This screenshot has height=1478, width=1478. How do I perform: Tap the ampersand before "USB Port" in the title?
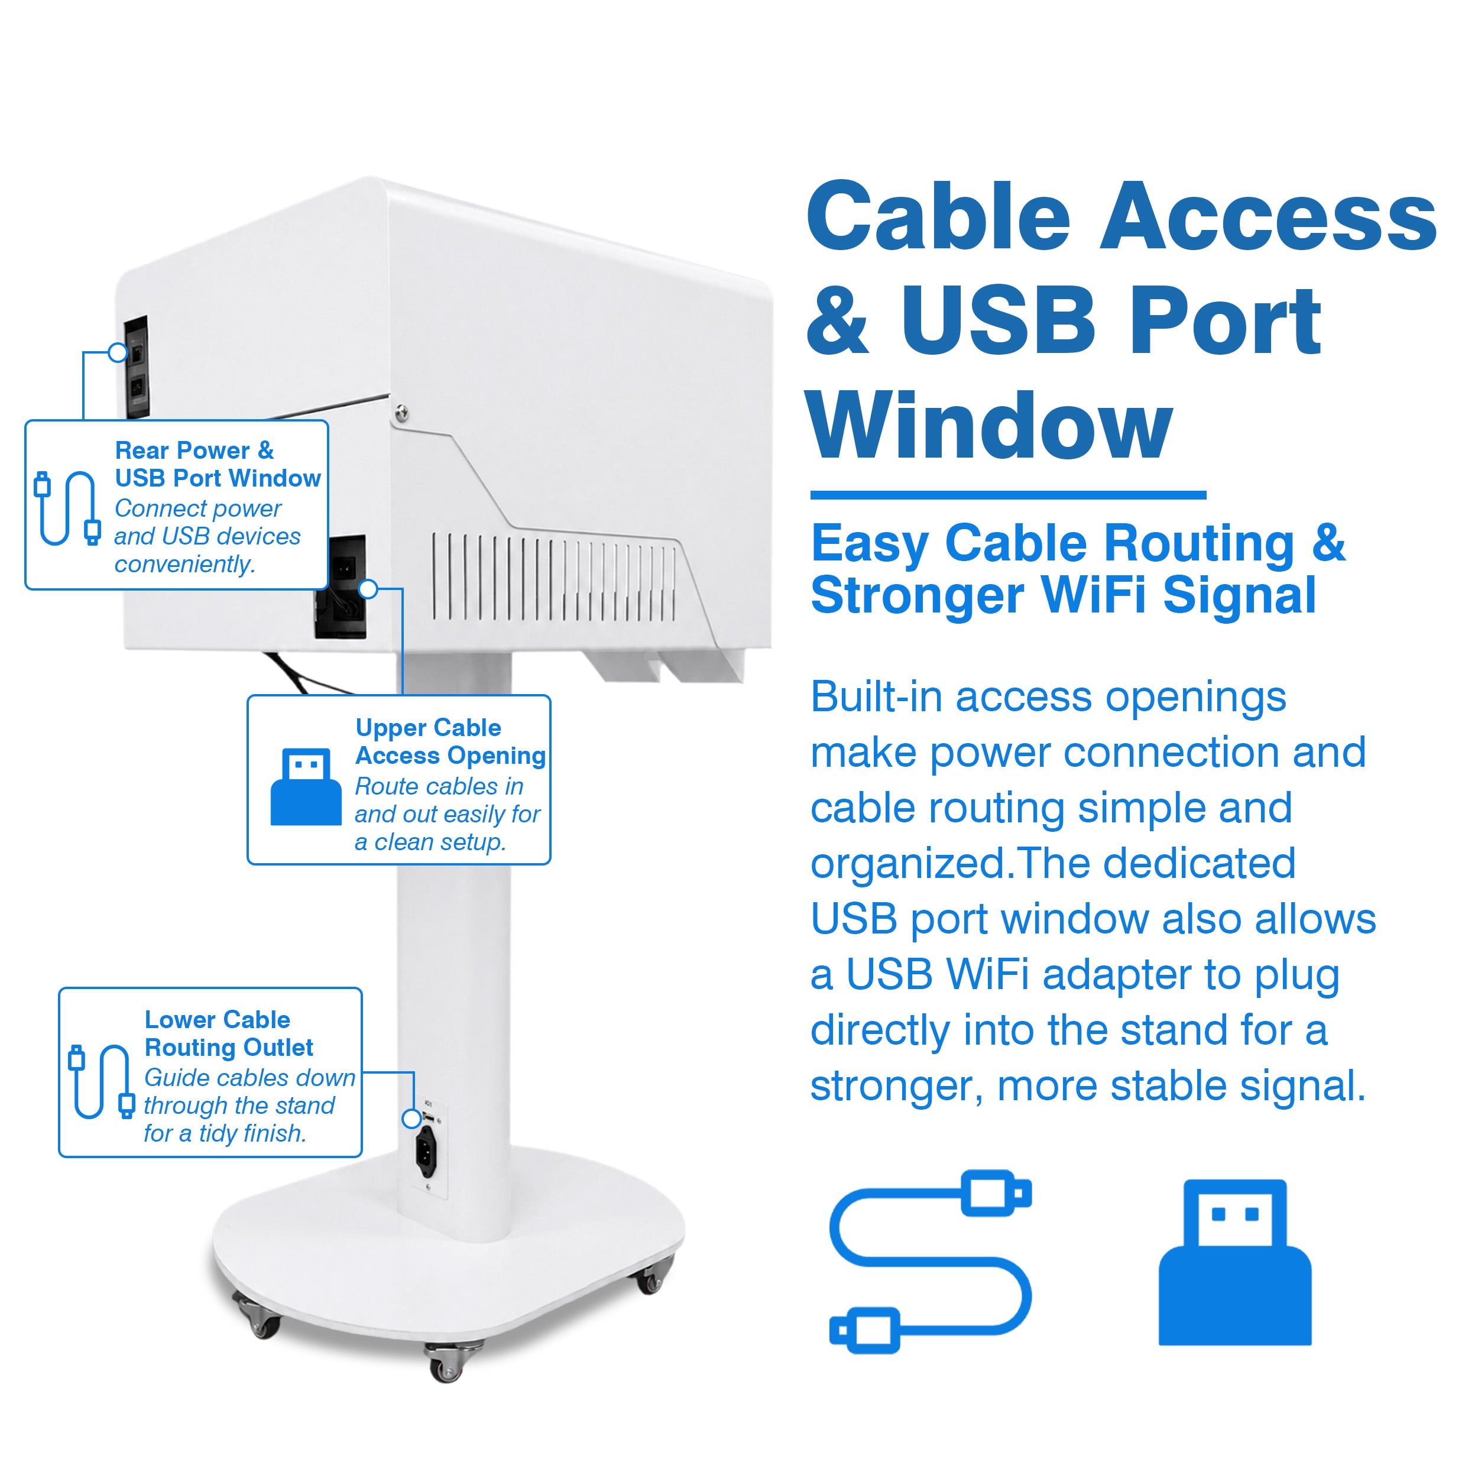pyautogui.click(x=838, y=321)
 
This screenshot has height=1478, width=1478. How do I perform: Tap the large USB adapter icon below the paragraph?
pyautogui.click(x=1235, y=1262)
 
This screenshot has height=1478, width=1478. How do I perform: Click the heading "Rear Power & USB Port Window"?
pyautogui.click(x=217, y=464)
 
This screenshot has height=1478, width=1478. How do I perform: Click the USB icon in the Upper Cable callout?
pyautogui.click(x=306, y=786)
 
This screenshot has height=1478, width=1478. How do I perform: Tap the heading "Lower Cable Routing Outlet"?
pyautogui.click(x=229, y=1033)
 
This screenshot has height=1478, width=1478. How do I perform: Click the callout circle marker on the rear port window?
pyautogui.click(x=118, y=352)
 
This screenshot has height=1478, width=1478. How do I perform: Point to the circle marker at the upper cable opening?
pyautogui.click(x=369, y=588)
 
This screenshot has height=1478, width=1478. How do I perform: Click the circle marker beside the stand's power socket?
pyautogui.click(x=411, y=1119)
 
